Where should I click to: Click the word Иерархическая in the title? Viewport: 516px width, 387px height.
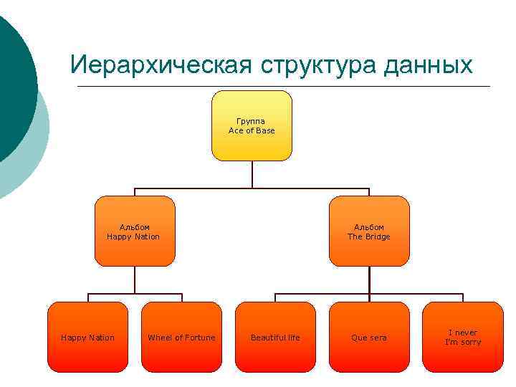[x=161, y=65]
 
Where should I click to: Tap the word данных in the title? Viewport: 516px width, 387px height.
[x=429, y=65]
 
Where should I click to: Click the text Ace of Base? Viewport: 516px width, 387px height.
[x=252, y=131]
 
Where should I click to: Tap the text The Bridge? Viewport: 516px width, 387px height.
[x=369, y=236]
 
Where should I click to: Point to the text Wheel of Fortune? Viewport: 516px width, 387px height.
[x=181, y=338]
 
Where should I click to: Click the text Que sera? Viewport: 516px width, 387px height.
[x=369, y=338]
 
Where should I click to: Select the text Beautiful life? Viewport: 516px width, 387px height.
[x=275, y=338]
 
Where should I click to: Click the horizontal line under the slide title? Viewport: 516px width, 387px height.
[x=287, y=87]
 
